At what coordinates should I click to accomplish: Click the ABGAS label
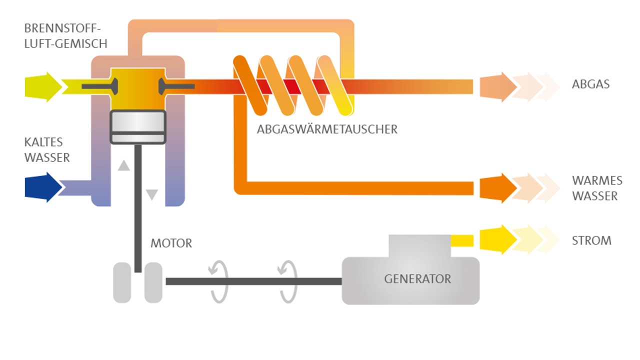(x=590, y=84)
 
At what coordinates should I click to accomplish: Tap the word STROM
(x=591, y=240)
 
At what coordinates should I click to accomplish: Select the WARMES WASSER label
(x=597, y=188)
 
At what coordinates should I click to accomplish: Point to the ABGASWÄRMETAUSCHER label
(x=327, y=129)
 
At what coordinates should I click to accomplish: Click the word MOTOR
(x=171, y=243)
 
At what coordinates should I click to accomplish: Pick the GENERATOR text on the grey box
(x=417, y=279)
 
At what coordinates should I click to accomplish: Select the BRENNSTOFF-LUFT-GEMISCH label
(x=65, y=36)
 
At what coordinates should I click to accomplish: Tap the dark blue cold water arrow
(x=43, y=187)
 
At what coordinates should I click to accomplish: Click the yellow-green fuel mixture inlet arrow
(x=43, y=87)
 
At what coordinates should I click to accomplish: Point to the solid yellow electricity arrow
(x=498, y=240)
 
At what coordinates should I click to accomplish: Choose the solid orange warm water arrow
(x=498, y=188)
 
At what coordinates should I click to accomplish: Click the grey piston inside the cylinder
(x=137, y=127)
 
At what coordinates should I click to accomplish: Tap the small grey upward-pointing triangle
(x=123, y=165)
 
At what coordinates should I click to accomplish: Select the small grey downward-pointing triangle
(x=152, y=194)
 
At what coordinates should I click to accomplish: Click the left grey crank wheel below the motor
(x=122, y=282)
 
